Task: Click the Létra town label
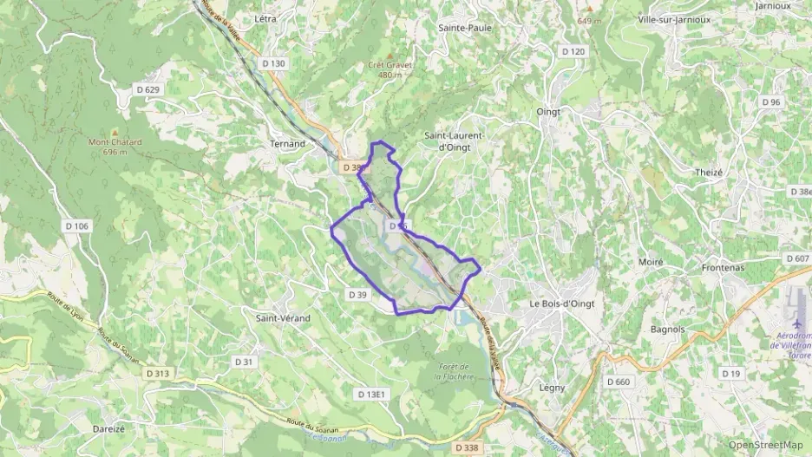[265, 18]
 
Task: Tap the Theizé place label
[708, 172]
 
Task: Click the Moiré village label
[650, 262]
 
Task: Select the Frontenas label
[723, 268]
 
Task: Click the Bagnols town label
[667, 330]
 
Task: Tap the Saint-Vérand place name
[283, 318]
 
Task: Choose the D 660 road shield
[619, 382]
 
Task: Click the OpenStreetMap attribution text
[765, 445]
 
